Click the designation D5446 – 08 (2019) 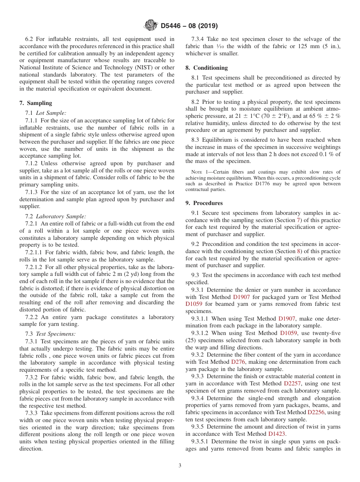[189, 26]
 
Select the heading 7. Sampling [36, 103]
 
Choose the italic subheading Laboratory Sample [61, 216]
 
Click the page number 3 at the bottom [180, 466]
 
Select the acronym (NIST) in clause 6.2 [142, 67]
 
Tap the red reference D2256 [316, 412]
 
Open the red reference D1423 [277, 434]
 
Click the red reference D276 [238, 362]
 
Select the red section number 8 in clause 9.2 [298, 251]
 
